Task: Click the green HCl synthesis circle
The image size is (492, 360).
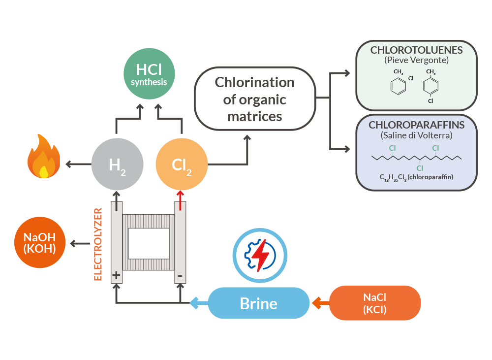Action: (x=149, y=75)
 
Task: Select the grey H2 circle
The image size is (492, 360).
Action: (x=117, y=164)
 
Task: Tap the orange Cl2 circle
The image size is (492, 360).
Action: (x=182, y=164)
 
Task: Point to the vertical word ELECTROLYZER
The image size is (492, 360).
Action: (x=98, y=244)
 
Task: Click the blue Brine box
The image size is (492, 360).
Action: (x=258, y=303)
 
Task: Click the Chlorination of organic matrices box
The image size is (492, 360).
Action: (x=255, y=99)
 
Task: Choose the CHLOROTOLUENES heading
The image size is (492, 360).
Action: (x=416, y=50)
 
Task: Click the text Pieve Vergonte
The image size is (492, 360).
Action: (x=416, y=60)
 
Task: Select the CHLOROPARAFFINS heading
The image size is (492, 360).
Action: (x=416, y=125)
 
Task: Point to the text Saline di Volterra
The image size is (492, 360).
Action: (x=416, y=135)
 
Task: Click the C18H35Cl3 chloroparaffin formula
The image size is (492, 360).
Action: (x=416, y=177)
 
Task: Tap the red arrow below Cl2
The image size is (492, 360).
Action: (x=181, y=200)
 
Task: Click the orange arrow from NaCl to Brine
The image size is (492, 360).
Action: (x=320, y=303)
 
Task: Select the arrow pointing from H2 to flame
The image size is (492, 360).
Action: (x=76, y=164)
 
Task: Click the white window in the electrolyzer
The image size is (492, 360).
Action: (x=148, y=243)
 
